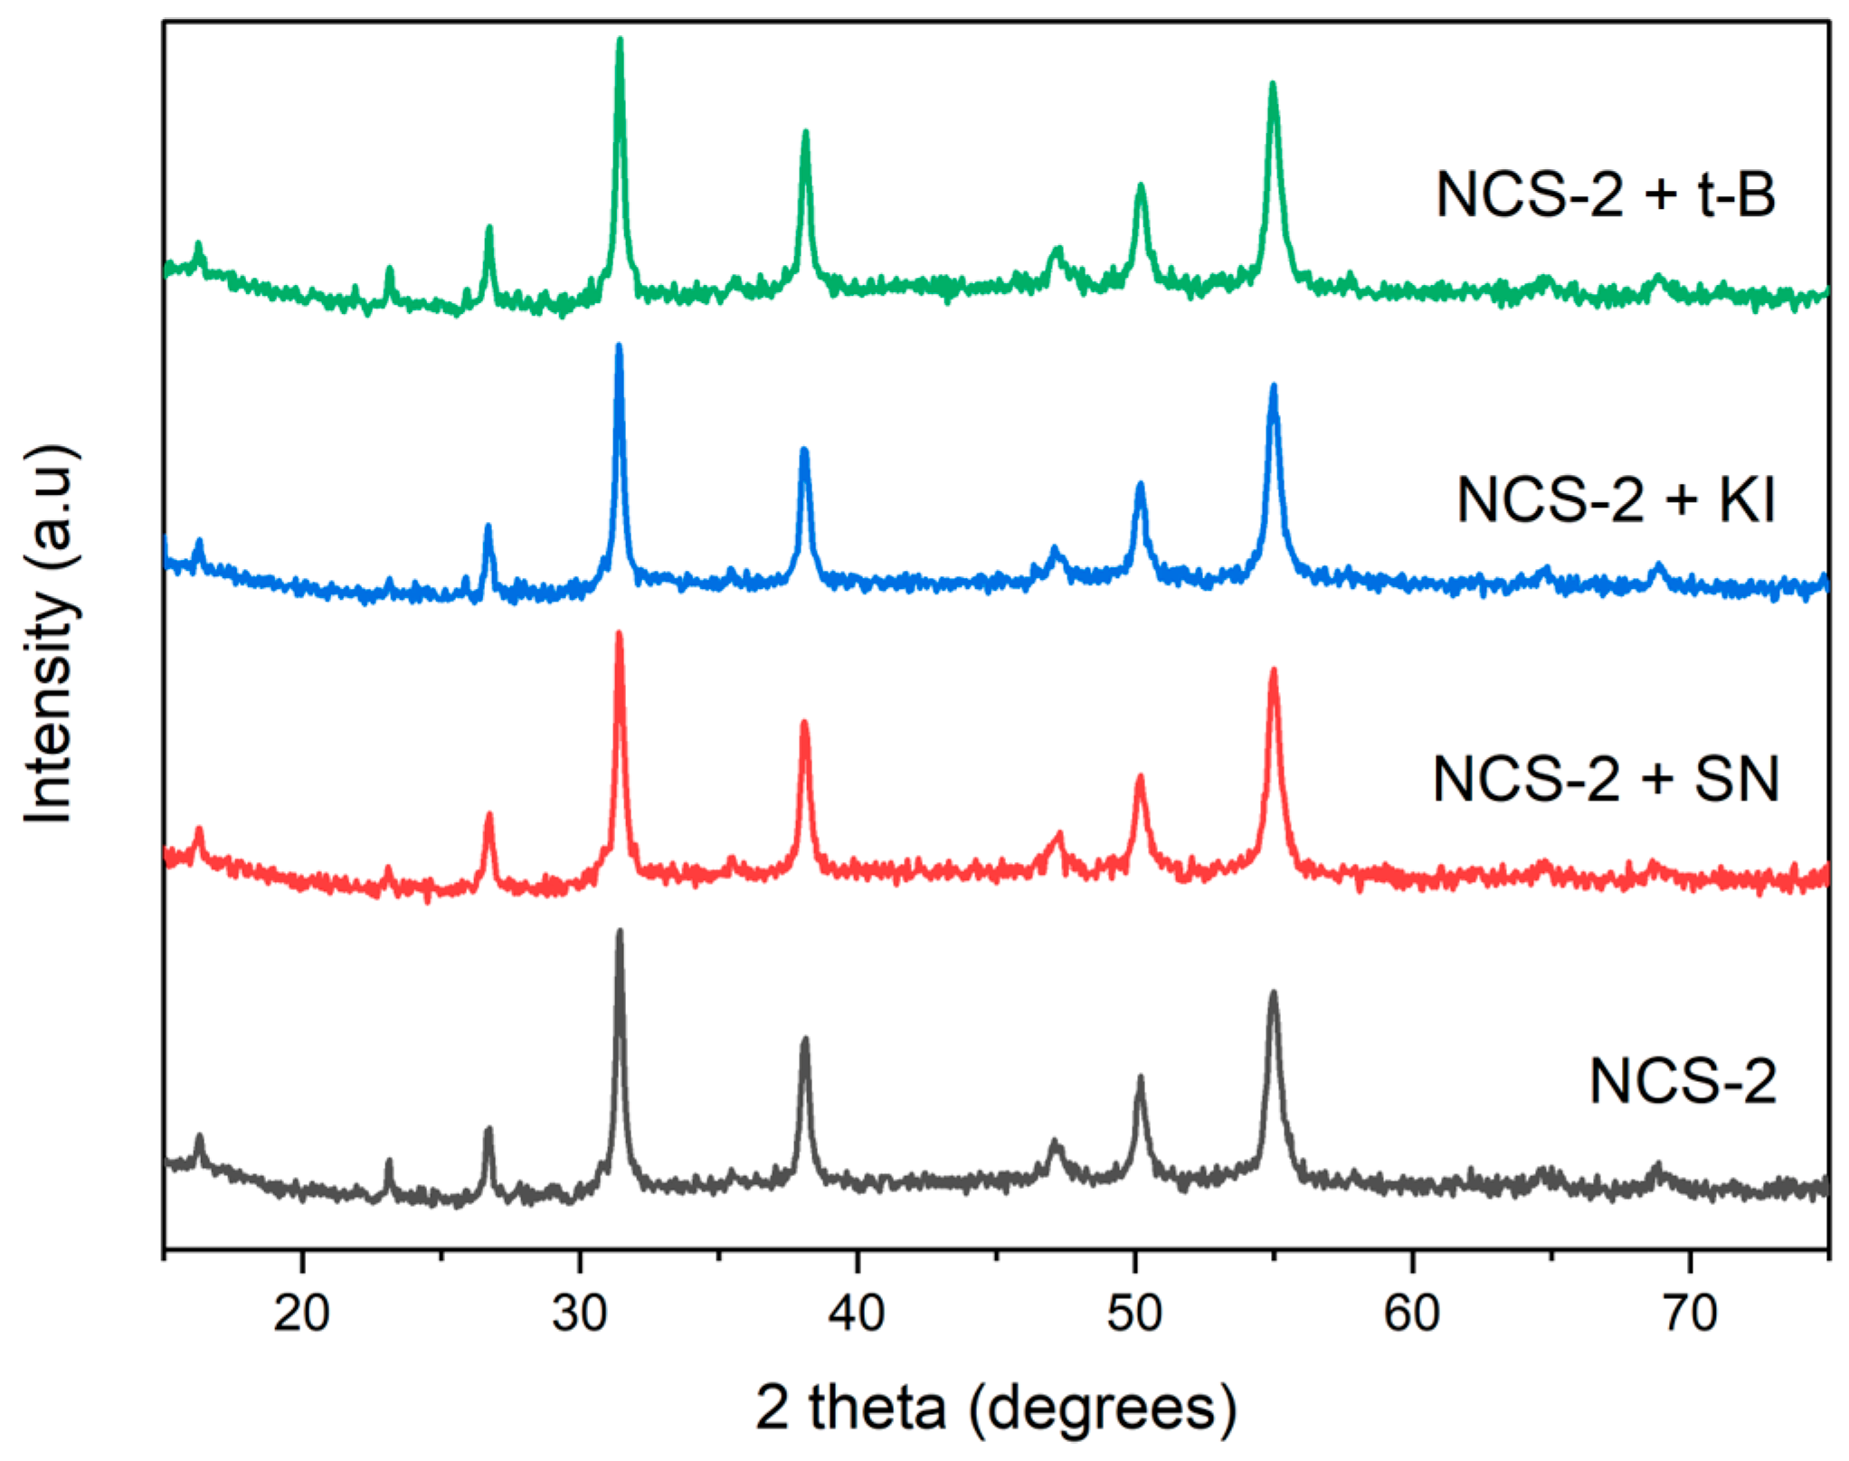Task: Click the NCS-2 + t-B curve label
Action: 1605,194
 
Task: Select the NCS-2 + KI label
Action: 1616,499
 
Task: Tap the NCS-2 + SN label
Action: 1605,779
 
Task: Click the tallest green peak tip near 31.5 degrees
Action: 620,40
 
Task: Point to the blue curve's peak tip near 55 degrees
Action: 1273,386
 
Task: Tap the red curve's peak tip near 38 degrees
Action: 804,723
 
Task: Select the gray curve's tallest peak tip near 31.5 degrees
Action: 620,931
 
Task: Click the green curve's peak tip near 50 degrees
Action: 1141,185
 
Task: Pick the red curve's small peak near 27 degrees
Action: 489,815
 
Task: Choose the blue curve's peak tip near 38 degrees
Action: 804,450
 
